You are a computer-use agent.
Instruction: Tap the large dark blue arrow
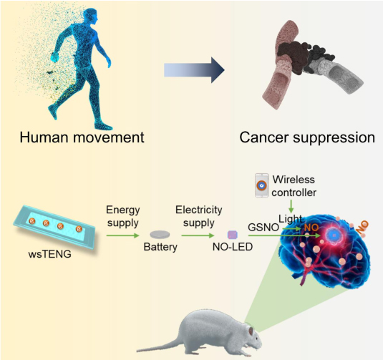pos(194,70)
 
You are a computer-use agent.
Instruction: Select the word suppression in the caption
pos(334,138)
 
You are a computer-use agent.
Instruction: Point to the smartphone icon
pos(261,185)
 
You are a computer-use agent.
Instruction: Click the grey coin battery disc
pos(160,235)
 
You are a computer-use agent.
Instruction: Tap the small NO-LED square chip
pos(232,235)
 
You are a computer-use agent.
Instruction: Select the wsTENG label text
pos(50,254)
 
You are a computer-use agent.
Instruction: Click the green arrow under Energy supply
pos(123,235)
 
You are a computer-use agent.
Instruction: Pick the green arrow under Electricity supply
pos(198,235)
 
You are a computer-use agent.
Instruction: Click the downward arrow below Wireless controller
pos(291,206)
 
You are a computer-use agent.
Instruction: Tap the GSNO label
pos(263,228)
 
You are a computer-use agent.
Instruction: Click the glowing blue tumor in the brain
pos(334,235)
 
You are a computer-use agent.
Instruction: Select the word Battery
pos(160,247)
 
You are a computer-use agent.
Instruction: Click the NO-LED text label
pos(233,247)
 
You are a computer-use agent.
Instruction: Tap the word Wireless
pos(294,180)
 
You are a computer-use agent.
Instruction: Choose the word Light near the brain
pos(291,219)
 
